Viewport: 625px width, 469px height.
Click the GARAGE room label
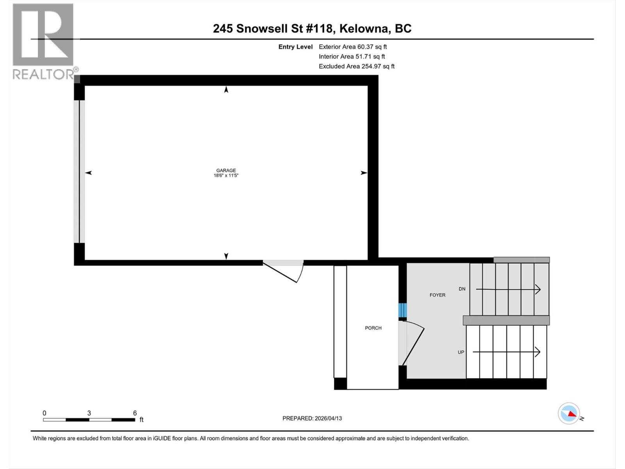[226, 170]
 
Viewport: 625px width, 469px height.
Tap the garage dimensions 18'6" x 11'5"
[226, 176]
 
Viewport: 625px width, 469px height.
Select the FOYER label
[437, 295]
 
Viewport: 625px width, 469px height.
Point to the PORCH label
[373, 328]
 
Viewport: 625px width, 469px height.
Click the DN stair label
[462, 289]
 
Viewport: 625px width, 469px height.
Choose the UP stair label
[461, 352]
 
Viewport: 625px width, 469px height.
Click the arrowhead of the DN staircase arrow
[538, 289]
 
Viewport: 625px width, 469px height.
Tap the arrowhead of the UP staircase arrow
[538, 352]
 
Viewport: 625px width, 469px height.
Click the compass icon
[569, 414]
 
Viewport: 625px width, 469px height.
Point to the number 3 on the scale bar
[89, 413]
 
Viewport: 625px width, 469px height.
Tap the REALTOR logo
[44, 41]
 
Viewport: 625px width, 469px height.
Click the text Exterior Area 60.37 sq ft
[352, 47]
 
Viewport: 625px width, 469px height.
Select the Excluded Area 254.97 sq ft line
[356, 66]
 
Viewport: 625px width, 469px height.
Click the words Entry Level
[295, 47]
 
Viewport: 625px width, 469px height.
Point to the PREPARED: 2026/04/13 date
[312, 418]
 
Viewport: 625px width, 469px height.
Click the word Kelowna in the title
[364, 29]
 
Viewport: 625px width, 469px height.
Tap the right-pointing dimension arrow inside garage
[364, 173]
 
